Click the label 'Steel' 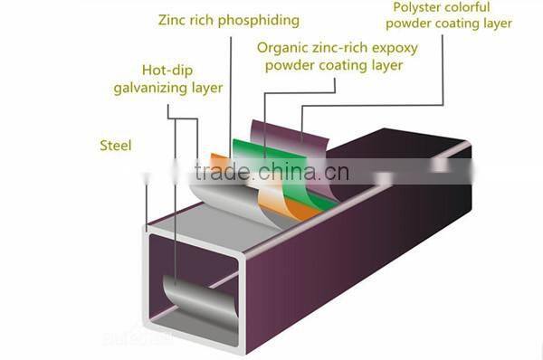[x=114, y=145]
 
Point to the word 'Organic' [x=282, y=48]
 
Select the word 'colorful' [x=480, y=6]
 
